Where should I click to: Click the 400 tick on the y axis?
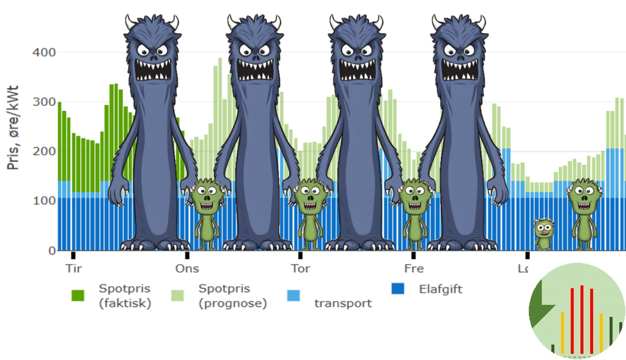(43, 53)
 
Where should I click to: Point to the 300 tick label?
(43, 101)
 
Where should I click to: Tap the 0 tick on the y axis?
(51, 250)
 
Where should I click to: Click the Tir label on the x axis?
(73, 269)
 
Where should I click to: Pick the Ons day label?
(187, 269)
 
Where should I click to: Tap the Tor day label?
(300, 269)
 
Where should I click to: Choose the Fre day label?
(414, 269)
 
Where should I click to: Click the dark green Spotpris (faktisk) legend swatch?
(78, 295)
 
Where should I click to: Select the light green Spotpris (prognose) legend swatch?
(177, 295)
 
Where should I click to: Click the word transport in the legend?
(343, 303)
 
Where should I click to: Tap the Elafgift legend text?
(441, 288)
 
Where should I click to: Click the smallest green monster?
(543, 233)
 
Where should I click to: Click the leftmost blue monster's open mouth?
(152, 68)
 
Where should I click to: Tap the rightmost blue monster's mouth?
(459, 68)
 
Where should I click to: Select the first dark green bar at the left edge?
(60, 141)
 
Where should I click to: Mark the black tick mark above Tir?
(73, 255)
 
